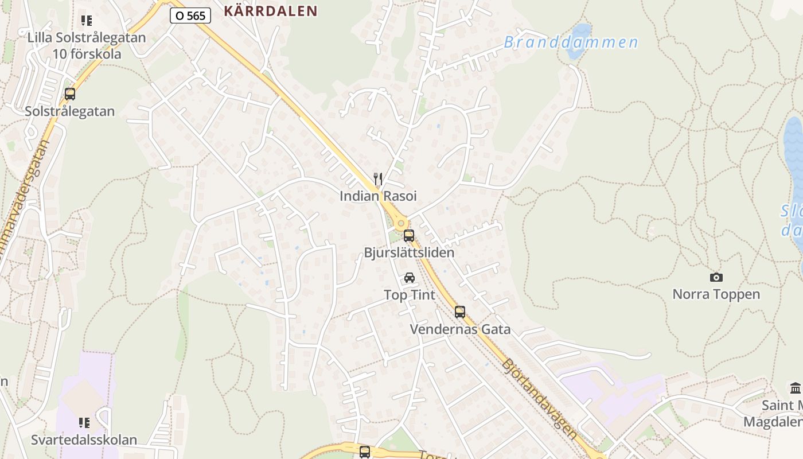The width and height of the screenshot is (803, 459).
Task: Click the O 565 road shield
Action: point(190,15)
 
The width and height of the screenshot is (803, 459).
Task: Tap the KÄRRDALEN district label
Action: point(270,11)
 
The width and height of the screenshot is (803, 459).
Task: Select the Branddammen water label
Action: point(571,42)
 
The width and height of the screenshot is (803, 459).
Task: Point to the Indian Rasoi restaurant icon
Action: point(377,179)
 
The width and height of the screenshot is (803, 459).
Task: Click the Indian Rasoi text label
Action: point(378,196)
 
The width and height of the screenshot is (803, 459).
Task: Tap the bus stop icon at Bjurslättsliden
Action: point(409,235)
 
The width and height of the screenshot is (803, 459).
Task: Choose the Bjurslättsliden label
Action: point(409,252)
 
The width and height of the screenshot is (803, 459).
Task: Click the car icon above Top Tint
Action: point(410,278)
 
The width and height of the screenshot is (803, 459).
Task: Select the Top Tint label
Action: point(410,295)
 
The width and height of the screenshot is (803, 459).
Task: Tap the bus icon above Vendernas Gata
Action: point(460,312)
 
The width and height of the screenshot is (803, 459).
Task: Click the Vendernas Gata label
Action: point(460,329)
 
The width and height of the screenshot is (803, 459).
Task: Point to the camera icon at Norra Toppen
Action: point(716,278)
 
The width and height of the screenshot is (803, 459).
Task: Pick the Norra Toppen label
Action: point(716,294)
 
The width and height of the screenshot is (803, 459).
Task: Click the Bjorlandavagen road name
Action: point(539,399)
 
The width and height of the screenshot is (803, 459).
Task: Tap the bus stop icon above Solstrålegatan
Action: point(70,94)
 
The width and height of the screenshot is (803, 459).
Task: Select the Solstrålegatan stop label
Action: point(70,111)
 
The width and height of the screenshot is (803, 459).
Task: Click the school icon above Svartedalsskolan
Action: point(84,423)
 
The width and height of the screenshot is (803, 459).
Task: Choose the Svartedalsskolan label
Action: point(84,440)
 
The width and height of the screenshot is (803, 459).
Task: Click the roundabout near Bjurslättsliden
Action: point(400,223)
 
